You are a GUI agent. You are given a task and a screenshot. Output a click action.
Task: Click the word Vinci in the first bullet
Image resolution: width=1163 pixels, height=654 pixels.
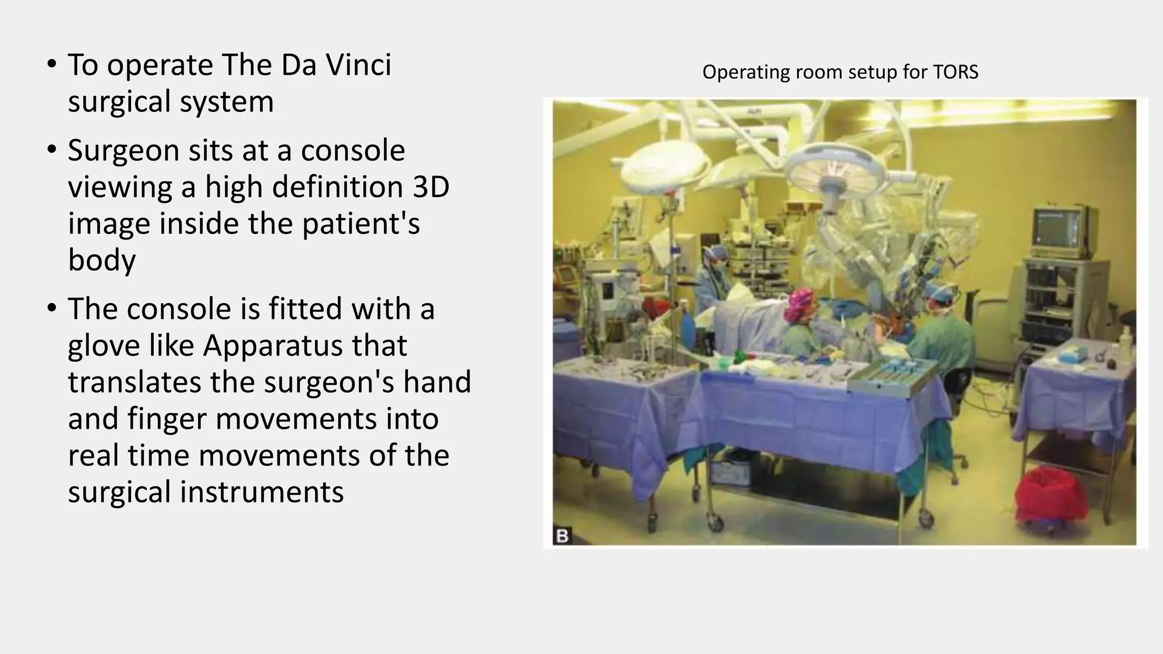coord(358,65)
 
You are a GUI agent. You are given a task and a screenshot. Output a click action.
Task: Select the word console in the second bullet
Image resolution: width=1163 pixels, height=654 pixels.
coord(353,150)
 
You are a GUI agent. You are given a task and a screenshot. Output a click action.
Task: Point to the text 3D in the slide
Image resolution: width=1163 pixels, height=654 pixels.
coord(430,187)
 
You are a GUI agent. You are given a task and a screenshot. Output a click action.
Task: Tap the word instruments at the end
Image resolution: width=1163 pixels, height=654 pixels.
coord(262,492)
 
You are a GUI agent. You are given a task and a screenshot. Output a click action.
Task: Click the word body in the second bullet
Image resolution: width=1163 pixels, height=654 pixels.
coord(102,260)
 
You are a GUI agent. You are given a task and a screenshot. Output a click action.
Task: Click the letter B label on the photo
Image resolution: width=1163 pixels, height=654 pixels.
coord(562,535)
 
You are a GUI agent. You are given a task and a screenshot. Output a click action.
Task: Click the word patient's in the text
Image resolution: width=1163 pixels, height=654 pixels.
coord(361,224)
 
